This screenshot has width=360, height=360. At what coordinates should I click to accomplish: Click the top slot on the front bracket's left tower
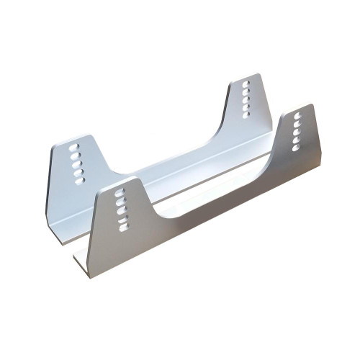(120, 192)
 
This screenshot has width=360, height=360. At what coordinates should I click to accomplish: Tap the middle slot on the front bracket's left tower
(121, 210)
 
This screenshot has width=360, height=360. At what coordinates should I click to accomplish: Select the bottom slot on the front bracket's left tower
(123, 227)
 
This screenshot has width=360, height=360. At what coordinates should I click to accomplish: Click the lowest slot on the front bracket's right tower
(295, 148)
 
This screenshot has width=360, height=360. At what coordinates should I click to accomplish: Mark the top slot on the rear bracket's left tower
(73, 147)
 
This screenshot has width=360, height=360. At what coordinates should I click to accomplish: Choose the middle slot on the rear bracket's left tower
(76, 163)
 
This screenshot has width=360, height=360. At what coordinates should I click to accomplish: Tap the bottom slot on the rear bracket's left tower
(78, 181)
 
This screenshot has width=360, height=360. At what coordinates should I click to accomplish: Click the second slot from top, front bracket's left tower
(120, 201)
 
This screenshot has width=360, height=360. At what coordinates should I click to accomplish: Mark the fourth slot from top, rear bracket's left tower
(77, 172)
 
